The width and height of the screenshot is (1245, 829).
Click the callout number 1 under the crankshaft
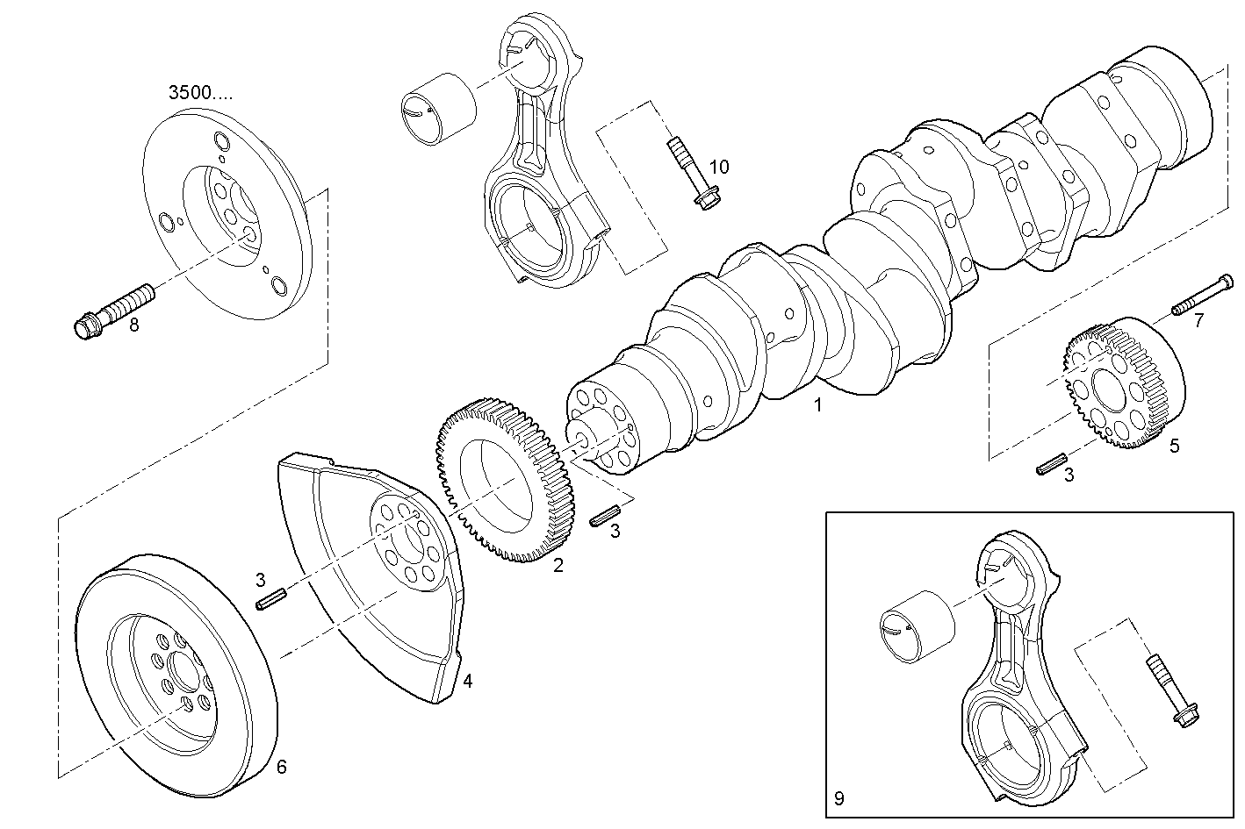pyautogui.click(x=817, y=405)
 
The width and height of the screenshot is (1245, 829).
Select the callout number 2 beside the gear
pyautogui.click(x=558, y=565)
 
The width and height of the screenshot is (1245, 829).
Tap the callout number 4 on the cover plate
pyautogui.click(x=468, y=680)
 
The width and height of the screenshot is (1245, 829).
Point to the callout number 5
pyautogui.click(x=1174, y=446)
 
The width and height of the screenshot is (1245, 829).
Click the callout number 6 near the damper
pyautogui.click(x=281, y=767)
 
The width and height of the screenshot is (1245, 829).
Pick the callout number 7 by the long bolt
pyautogui.click(x=1198, y=321)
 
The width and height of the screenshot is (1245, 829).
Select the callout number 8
pyautogui.click(x=134, y=325)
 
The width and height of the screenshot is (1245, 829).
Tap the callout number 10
pyautogui.click(x=718, y=167)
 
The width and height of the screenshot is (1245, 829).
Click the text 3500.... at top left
pyautogui.click(x=200, y=93)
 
